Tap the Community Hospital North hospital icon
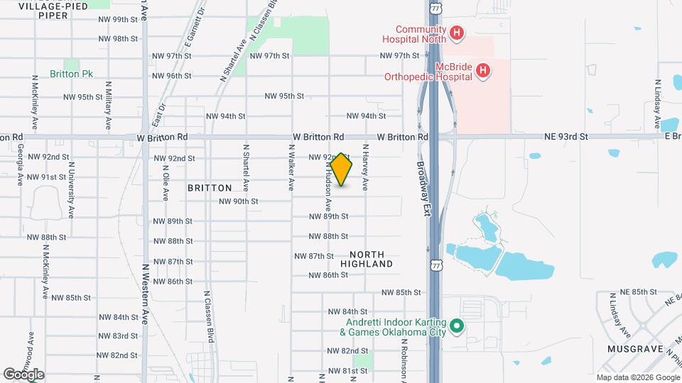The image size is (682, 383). (x=457, y=33)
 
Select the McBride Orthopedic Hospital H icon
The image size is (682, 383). (x=483, y=70)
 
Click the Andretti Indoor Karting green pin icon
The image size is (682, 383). (x=458, y=327)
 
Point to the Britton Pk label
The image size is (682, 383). (x=72, y=74)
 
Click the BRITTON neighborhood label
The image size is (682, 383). (x=210, y=188)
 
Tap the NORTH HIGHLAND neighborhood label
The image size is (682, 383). (x=367, y=259)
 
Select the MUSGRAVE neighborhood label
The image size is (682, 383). (x=635, y=350)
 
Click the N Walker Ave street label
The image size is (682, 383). (x=291, y=168)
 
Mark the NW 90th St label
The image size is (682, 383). (x=238, y=201)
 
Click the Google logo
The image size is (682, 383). (x=23, y=374)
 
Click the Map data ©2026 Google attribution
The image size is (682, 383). (x=637, y=377)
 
